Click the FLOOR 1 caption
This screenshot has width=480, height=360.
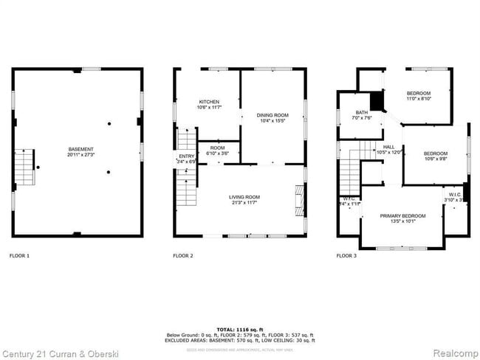coord(19,255)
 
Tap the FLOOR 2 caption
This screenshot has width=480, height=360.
coord(183,255)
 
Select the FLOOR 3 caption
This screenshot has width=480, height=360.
coord(346,255)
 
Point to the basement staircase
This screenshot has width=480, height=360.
coord(24,167)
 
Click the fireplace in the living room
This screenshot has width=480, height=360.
coord(299,198)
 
